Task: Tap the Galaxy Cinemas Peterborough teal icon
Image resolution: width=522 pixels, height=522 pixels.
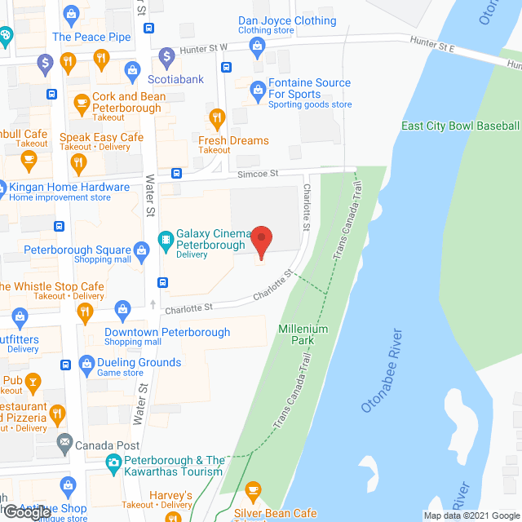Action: click(x=165, y=239)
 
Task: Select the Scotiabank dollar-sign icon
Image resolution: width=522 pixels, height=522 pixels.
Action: click(x=166, y=56)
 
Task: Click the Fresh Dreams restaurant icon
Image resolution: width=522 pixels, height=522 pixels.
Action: click(x=216, y=118)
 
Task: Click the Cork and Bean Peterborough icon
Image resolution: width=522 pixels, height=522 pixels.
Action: click(x=81, y=103)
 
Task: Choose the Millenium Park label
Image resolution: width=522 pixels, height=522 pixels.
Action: click(x=302, y=334)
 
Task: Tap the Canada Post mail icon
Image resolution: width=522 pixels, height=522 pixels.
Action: click(x=64, y=445)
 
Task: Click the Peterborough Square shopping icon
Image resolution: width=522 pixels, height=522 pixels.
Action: click(x=140, y=250)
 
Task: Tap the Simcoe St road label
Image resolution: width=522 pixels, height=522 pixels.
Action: click(x=258, y=173)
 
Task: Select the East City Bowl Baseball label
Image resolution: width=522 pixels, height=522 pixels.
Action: click(x=460, y=126)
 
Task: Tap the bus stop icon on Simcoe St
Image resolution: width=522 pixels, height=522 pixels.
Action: click(x=176, y=173)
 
